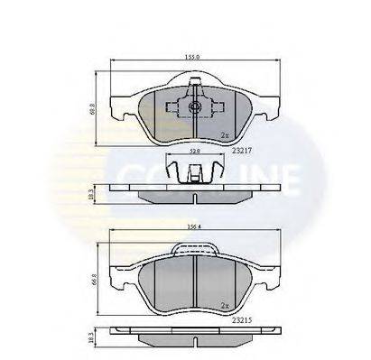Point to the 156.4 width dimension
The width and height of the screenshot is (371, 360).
(x=192, y=227)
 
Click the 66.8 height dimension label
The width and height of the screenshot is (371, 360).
(x=93, y=278)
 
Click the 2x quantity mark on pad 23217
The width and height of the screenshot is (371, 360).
(x=224, y=137)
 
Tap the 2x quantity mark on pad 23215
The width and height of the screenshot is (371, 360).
(x=224, y=306)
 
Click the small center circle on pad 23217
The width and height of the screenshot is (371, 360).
(x=194, y=107)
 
